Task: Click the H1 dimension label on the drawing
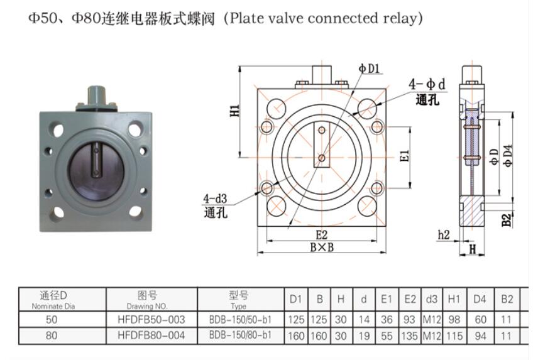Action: coord(234,112)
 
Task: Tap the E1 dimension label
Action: coord(405,154)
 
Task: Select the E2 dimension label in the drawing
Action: coord(322,235)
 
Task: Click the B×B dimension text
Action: coord(322,247)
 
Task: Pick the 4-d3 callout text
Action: coord(214,199)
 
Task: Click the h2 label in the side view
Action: coord(444,234)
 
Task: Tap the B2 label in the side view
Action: coord(507,220)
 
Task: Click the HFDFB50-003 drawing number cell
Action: coord(151,320)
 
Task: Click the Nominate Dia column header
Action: coord(53,306)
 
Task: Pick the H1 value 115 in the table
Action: coord(454,335)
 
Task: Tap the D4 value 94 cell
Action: coord(481,335)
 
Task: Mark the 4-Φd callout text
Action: coord(427,84)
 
